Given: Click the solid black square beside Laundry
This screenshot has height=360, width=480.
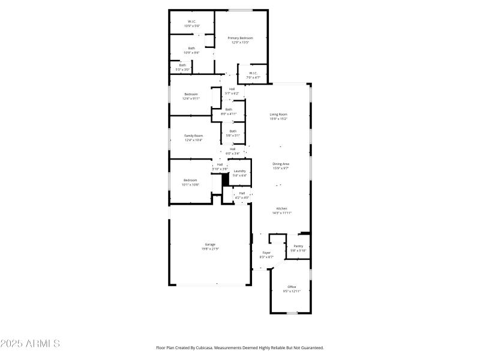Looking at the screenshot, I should click(x=226, y=179).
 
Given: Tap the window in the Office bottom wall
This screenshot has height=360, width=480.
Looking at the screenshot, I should click(x=292, y=313).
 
